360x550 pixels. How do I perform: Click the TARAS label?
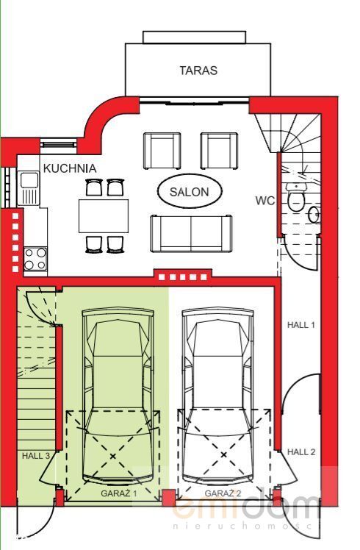click(198, 71)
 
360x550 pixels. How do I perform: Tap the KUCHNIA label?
click(70, 168)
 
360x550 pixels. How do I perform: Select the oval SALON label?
click(190, 191)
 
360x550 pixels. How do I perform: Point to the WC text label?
click(265, 201)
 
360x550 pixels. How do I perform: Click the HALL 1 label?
click(300, 325)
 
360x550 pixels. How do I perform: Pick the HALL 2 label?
click(301, 452)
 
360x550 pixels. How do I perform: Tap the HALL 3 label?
click(36, 456)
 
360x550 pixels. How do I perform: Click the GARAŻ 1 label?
click(119, 493)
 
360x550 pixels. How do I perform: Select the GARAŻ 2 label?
click(223, 493)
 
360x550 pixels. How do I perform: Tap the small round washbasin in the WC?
click(314, 214)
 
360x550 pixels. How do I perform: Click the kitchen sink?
click(29, 188)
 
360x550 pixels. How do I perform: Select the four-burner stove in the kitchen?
click(35, 259)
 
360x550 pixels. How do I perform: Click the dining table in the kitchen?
click(104, 215)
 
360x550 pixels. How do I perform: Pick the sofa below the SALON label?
click(191, 234)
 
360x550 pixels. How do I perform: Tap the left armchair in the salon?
click(162, 151)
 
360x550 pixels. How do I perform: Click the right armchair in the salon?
click(219, 151)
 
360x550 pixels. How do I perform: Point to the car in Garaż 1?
click(118, 396)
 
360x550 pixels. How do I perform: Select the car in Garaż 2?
click(217, 396)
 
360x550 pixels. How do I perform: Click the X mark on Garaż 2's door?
click(224, 455)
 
